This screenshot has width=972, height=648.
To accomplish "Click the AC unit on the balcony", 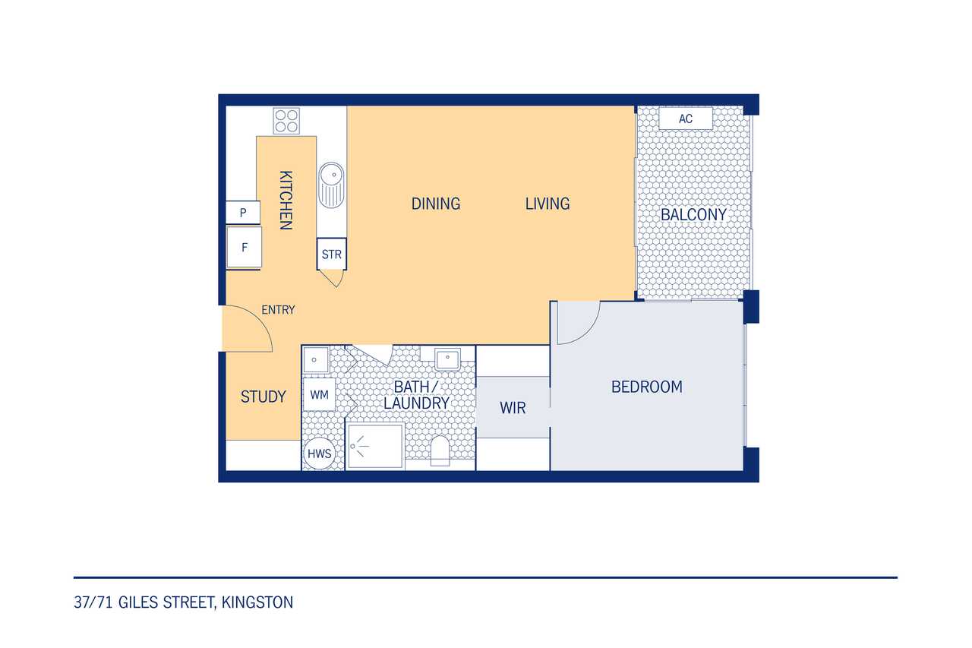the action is pos(686,118).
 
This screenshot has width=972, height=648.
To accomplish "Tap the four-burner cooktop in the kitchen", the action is pos(286,121).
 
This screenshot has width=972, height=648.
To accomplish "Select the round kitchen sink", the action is pos(331,185).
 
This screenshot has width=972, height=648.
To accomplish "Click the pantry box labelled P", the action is pos(243,212).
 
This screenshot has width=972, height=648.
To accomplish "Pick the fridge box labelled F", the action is pos(244,247).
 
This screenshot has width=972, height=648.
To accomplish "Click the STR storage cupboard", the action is pos(332,254).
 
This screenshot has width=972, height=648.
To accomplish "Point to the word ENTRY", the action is pos(278,309).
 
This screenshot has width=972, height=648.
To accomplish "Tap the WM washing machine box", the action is pos(319,394).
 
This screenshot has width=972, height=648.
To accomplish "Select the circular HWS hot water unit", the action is pos(319,454).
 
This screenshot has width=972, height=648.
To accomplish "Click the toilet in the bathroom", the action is pos(440,451).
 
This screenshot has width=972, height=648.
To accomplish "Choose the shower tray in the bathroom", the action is pos(375,446).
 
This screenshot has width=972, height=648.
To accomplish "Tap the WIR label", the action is pos(513,407).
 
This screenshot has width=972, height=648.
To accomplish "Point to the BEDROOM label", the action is pos(646,387).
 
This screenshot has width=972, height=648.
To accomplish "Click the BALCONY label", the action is pos(693,214).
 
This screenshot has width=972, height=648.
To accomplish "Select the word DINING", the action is pos(436,204).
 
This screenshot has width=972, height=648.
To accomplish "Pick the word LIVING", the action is pos(548,204).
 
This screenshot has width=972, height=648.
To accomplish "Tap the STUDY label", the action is pos(263,397).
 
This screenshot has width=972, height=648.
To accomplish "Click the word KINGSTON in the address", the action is pos(257,602).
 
